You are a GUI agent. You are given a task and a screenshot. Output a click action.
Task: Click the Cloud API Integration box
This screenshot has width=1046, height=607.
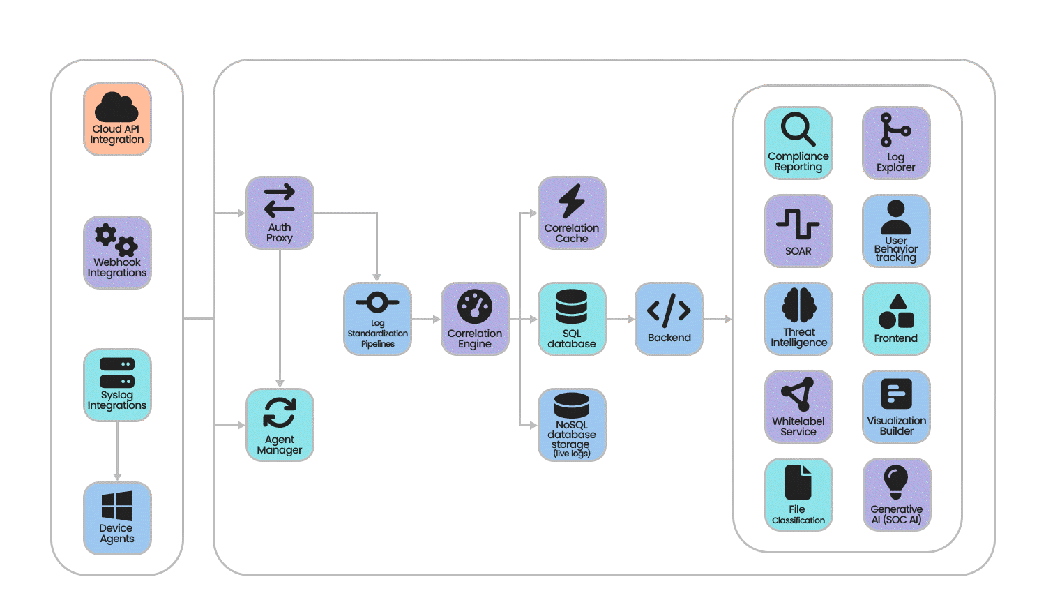click(x=117, y=119)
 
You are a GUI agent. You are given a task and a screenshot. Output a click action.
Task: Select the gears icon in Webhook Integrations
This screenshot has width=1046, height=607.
click(x=116, y=240)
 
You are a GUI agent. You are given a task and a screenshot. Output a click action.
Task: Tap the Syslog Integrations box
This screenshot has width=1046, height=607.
click(x=117, y=385)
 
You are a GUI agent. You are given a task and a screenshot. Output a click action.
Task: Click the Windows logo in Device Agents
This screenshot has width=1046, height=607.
click(x=117, y=506)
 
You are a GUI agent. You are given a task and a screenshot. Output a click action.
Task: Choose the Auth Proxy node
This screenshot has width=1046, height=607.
click(x=280, y=213)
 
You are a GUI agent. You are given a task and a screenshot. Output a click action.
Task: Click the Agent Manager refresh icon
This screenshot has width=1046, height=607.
click(x=280, y=412)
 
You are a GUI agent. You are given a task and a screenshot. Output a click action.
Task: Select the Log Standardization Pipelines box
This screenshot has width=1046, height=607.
click(x=377, y=319)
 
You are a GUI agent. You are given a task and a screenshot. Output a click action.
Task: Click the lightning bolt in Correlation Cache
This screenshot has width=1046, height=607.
click(x=572, y=201)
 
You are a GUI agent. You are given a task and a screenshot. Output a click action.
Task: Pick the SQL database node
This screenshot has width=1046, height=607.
click(x=572, y=319)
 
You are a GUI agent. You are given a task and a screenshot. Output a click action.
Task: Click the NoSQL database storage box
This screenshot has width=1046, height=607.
click(x=572, y=425)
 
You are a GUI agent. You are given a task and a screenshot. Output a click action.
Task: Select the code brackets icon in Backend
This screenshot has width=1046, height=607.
click(x=669, y=310)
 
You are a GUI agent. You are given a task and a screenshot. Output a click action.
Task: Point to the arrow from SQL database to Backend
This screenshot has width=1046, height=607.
click(x=620, y=319)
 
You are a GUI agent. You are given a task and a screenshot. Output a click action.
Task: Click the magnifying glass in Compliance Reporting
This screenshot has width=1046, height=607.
click(x=798, y=128)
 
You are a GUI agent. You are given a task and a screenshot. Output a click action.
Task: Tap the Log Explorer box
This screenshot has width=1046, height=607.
click(x=896, y=143)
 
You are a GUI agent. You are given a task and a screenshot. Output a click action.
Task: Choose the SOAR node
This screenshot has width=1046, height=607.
click(x=798, y=231)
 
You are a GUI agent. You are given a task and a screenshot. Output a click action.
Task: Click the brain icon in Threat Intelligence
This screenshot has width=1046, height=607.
click(x=799, y=305)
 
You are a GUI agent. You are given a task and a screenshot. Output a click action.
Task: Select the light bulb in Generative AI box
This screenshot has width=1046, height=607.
click(x=896, y=482)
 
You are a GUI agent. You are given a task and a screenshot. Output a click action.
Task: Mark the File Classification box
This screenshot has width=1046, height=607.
click(x=798, y=495)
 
